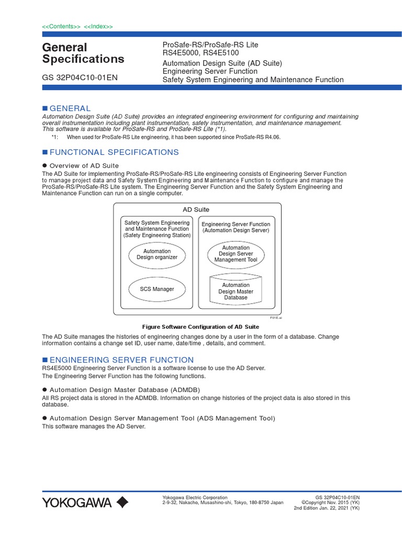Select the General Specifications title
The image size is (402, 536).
tap(83, 53)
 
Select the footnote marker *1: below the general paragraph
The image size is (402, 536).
tap(55, 137)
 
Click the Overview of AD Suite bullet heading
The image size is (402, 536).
tap(84, 165)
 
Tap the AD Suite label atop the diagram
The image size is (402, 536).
tap(196, 209)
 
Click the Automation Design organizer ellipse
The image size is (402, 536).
tap(157, 254)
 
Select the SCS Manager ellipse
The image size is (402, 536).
tap(157, 289)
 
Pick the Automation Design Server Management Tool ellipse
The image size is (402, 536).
tap(236, 254)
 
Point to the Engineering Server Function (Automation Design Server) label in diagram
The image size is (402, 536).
tap(236, 227)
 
